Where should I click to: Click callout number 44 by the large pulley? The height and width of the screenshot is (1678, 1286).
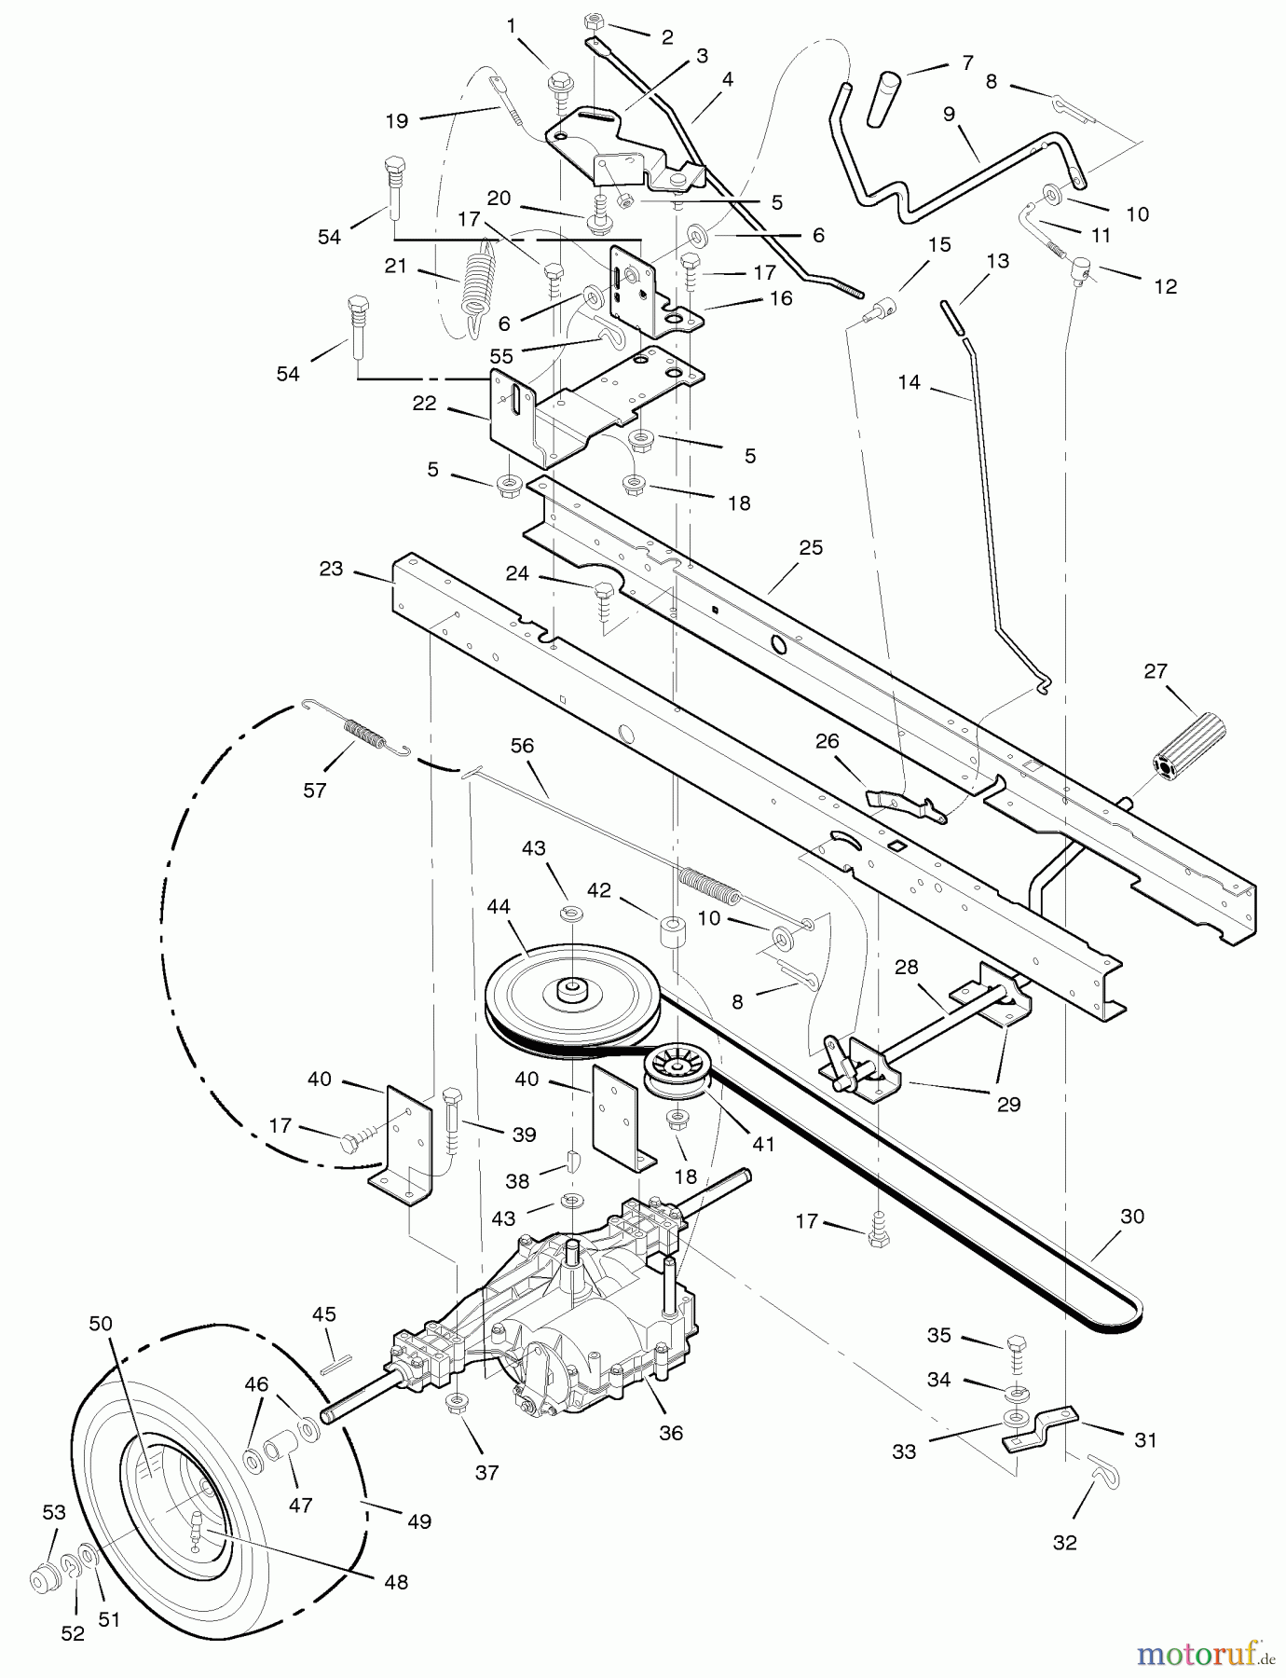click(499, 905)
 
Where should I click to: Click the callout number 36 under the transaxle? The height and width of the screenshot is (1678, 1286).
click(671, 1433)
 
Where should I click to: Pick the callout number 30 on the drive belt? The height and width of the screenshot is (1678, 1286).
click(1132, 1216)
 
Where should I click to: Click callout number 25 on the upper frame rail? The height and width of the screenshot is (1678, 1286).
click(811, 547)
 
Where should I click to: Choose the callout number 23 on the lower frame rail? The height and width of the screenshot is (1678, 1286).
click(331, 569)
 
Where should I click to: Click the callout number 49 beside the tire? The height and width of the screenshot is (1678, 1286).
click(419, 1521)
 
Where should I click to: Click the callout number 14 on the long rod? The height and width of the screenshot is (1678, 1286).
click(909, 381)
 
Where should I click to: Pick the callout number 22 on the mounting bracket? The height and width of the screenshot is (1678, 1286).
click(424, 404)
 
